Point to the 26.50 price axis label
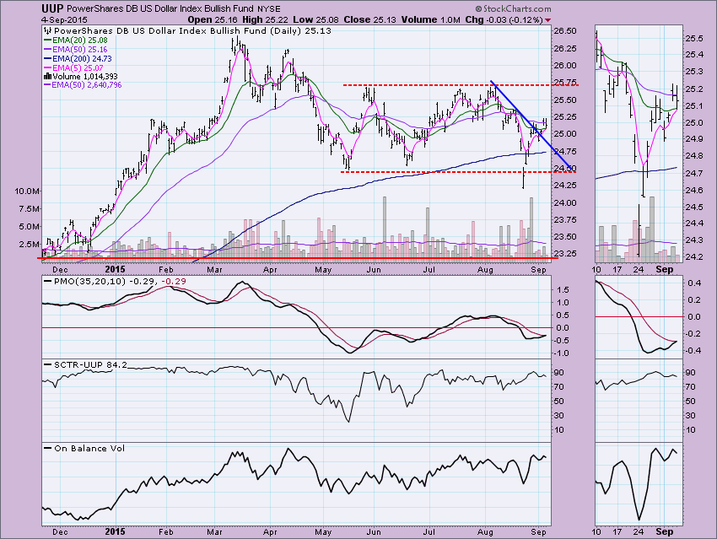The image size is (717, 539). (x=564, y=31)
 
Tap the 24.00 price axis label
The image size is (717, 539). (x=564, y=203)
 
